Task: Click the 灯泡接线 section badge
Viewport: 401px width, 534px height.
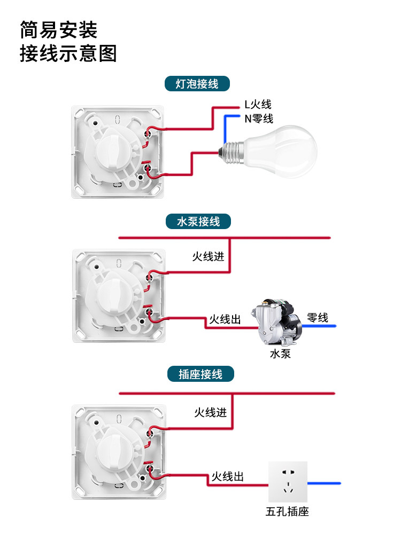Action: point(198,84)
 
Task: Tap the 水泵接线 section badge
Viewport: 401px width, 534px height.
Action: point(198,221)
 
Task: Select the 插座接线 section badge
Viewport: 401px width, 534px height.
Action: point(200,374)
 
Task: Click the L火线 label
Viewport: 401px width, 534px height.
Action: point(258,105)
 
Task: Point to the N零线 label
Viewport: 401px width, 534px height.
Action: point(258,119)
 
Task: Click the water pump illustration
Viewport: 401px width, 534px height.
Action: point(277,323)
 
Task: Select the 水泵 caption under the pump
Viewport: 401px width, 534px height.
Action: point(280,353)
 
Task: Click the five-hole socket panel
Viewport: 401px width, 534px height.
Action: point(288,481)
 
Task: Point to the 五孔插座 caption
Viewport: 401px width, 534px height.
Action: point(287,512)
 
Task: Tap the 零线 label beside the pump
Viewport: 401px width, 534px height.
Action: point(318,318)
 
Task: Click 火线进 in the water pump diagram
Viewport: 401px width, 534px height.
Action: point(208,256)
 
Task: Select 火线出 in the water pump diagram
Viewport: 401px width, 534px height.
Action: point(225,319)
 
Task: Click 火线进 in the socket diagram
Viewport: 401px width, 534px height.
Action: point(210,412)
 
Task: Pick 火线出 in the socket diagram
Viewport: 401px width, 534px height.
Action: point(227,476)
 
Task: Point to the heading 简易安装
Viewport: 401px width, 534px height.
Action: point(59,30)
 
